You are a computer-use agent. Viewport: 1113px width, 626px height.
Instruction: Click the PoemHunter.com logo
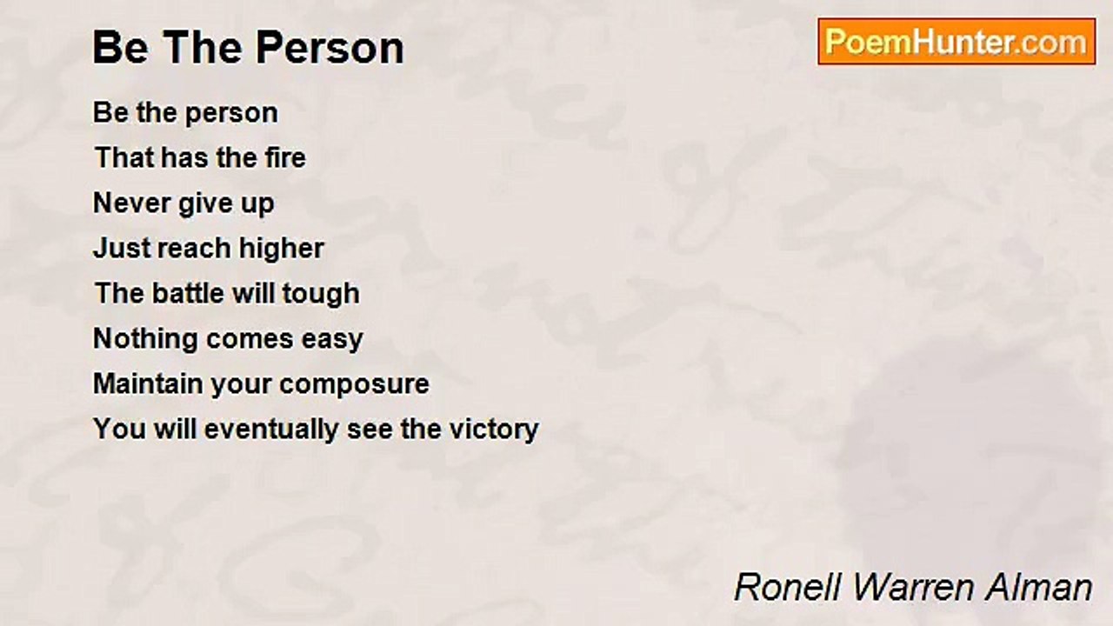coord(956,42)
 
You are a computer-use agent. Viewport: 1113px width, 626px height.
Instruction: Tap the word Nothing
coord(143,339)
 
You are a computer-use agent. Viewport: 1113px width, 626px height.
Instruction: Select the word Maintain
coord(148,383)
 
